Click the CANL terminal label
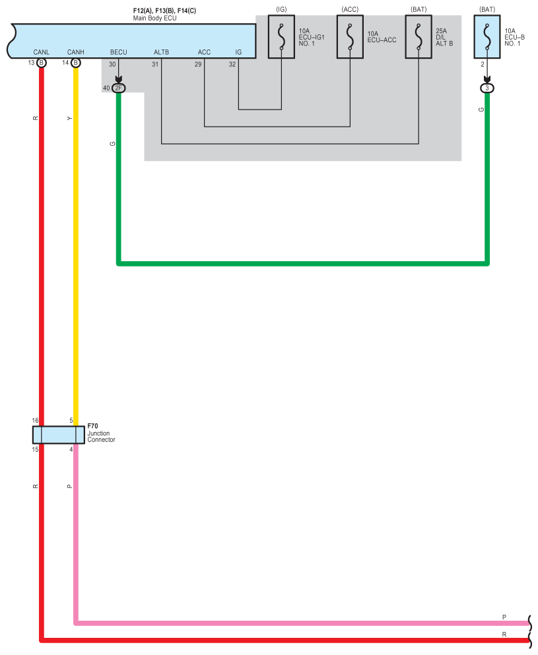pos(42,52)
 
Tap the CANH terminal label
pos(76,52)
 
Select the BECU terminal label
pos(119,52)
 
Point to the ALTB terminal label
pos(161,52)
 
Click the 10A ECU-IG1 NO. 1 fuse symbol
pos(281,37)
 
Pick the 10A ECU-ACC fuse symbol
pos(350,37)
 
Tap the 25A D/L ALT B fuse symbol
pos(419,37)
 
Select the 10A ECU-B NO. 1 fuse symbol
pos(487,37)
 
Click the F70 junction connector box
pos(59,435)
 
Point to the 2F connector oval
pos(119,88)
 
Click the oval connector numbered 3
pos(487,88)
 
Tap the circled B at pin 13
pos(42,63)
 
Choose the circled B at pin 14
pos(76,63)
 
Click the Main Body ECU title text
pos(154,18)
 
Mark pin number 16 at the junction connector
pos(35,421)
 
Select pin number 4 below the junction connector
pos(71,449)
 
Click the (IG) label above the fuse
pos(281,9)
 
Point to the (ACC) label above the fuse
pos(350,9)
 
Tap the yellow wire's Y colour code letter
pos(69,119)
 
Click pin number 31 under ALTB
pos(155,65)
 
